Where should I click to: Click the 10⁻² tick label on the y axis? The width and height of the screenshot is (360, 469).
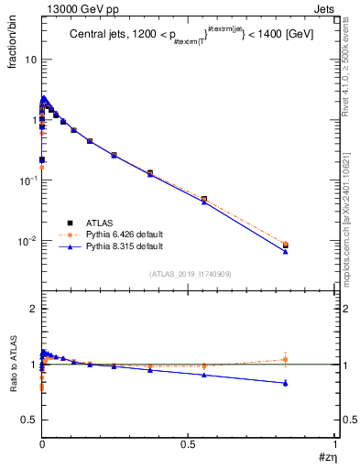(x=27, y=242)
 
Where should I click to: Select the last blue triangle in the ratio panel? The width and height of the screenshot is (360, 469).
(x=285, y=383)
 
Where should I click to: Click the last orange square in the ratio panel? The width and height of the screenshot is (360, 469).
(x=285, y=359)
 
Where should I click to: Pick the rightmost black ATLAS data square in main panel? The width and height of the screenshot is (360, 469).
(x=285, y=245)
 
